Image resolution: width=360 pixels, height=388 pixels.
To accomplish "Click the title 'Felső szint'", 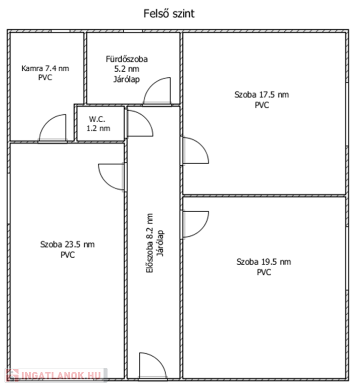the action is pyautogui.click(x=169, y=14).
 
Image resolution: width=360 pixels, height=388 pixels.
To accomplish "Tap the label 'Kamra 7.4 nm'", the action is pyautogui.click(x=45, y=68).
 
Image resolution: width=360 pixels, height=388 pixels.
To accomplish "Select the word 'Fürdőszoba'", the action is pyautogui.click(x=127, y=59).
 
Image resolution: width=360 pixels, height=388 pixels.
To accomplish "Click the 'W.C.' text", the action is pyautogui.click(x=97, y=119).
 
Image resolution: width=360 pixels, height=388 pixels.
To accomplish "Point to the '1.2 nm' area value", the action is pyautogui.click(x=98, y=128).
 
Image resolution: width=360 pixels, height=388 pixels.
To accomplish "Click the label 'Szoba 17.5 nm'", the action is pyautogui.click(x=262, y=94).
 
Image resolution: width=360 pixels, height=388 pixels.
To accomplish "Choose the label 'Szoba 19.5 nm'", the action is pyautogui.click(x=264, y=262).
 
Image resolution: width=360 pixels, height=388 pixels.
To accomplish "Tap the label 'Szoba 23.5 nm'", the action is pyautogui.click(x=67, y=245).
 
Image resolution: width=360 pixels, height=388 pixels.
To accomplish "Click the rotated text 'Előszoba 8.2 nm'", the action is pyautogui.click(x=149, y=243).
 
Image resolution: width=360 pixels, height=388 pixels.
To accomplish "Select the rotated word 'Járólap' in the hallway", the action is pyautogui.click(x=161, y=244).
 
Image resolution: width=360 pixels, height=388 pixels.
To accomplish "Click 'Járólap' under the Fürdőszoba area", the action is pyautogui.click(x=127, y=79).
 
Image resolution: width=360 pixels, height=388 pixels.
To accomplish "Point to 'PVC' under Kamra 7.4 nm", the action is pyautogui.click(x=45, y=77).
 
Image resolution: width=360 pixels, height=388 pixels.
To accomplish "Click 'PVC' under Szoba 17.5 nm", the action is pyautogui.click(x=262, y=105).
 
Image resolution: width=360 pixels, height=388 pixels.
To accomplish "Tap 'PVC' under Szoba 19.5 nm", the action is pyautogui.click(x=264, y=272).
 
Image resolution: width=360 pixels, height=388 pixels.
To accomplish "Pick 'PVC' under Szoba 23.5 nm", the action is pyautogui.click(x=68, y=255).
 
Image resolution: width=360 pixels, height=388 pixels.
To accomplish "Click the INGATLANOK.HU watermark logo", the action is pyautogui.click(x=56, y=375).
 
